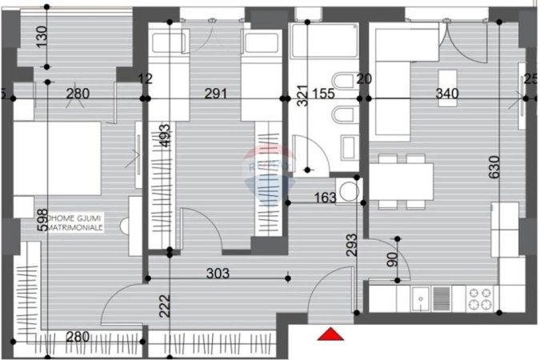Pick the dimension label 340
446,94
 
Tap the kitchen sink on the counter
421,299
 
